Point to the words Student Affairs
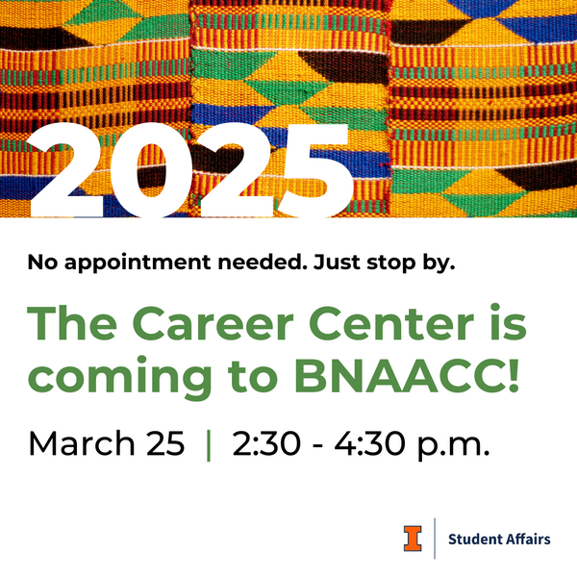(x=500, y=539)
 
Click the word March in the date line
(x=79, y=443)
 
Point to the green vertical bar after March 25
(x=209, y=444)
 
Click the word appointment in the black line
(x=126, y=263)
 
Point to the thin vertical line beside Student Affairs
(x=436, y=539)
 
